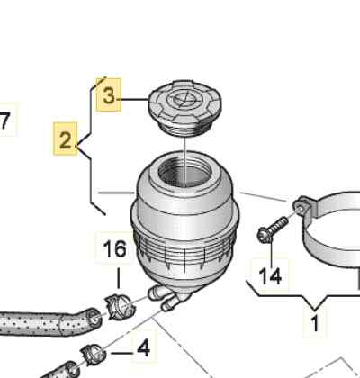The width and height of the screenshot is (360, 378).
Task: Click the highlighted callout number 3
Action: [109, 96]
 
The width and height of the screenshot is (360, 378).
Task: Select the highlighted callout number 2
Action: [66, 139]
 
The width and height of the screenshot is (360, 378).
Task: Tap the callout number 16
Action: [114, 249]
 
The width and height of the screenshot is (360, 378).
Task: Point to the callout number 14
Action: [270, 276]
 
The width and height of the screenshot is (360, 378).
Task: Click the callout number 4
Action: [143, 348]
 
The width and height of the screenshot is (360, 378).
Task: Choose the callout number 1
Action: [314, 323]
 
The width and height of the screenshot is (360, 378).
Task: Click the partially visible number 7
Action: [4, 121]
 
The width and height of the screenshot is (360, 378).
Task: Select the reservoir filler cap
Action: [185, 107]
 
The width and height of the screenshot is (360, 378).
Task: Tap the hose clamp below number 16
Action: [120, 307]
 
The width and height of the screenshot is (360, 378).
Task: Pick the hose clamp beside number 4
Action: [94, 355]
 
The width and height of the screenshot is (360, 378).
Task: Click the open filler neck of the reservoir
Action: [185, 172]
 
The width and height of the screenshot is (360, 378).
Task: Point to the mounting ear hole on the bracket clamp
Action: [299, 206]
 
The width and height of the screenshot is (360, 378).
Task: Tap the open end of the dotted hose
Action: [94, 319]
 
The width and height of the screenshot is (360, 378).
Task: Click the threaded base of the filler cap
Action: [184, 130]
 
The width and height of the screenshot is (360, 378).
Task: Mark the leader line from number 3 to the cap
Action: [134, 99]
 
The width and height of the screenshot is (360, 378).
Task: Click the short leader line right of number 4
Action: [121, 353]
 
